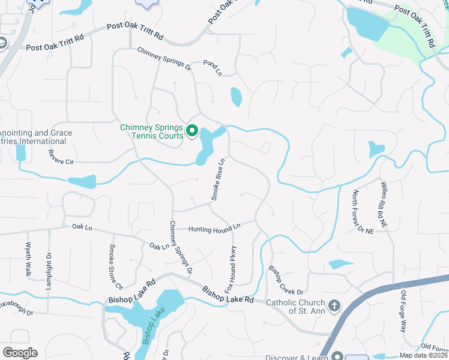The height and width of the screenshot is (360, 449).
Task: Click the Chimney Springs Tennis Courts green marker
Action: coord(192,130)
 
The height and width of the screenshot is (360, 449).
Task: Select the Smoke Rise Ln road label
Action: coord(218,179)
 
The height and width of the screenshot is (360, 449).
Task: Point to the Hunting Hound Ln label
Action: coord(214,228)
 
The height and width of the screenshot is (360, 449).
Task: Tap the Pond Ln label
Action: coord(212,67)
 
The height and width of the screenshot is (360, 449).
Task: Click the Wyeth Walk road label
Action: coord(28,259)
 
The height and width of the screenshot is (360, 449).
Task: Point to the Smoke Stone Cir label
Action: coord(115,266)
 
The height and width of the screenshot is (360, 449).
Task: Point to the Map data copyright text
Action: coord(423,355)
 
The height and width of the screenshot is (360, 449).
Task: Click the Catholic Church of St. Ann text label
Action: coord(295,307)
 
